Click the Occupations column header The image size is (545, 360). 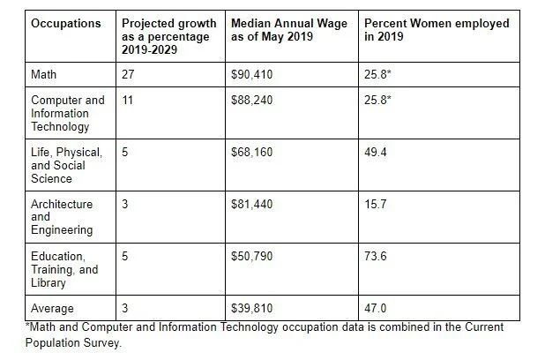(64, 23)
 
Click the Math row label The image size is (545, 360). (45, 75)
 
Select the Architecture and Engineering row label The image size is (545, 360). (62, 217)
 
